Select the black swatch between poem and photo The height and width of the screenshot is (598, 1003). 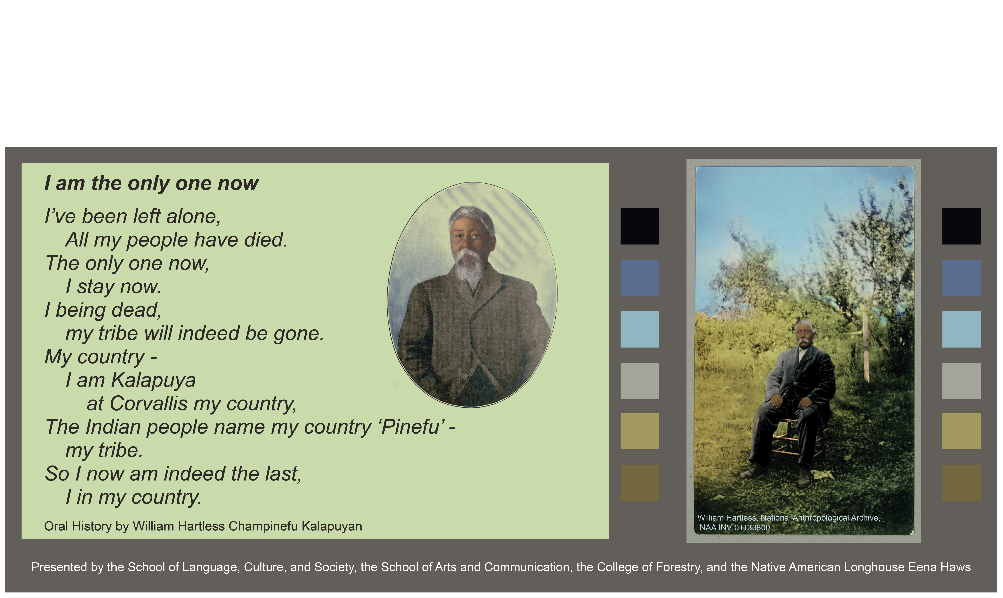[640, 226]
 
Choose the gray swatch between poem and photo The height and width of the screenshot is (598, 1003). [640, 381]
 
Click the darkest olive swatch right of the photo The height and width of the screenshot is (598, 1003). [961, 483]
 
